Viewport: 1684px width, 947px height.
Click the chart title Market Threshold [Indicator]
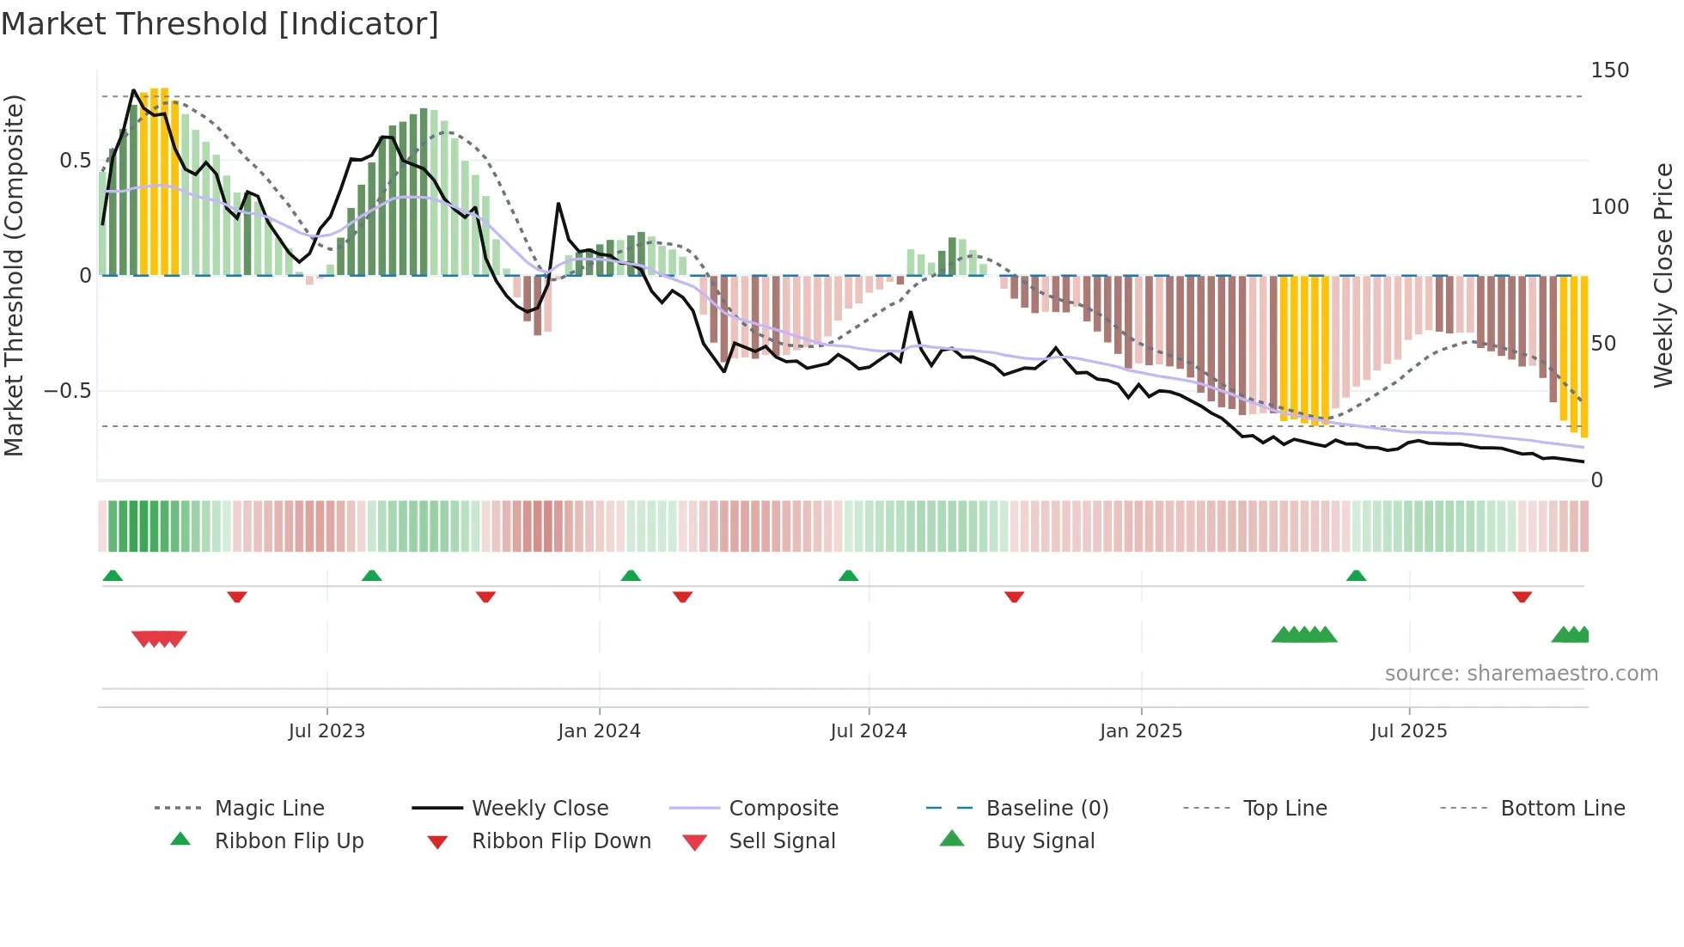click(x=220, y=24)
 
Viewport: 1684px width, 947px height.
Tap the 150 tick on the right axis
click(x=1609, y=70)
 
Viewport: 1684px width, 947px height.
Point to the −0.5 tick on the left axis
click(x=67, y=391)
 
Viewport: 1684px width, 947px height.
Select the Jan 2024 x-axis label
click(x=599, y=731)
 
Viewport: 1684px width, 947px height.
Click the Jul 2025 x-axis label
click(x=1408, y=731)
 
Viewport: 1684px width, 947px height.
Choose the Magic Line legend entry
click(x=269, y=809)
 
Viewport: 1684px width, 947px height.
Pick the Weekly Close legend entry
click(x=540, y=809)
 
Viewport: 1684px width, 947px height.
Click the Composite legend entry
click(x=783, y=809)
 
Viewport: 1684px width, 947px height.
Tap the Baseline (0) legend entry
click(x=1046, y=809)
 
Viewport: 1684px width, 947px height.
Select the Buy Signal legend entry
click(x=1040, y=841)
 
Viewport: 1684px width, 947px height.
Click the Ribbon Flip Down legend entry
click(x=560, y=841)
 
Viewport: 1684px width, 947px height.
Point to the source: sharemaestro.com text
click(x=1521, y=674)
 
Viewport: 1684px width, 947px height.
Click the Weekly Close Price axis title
click(x=1663, y=275)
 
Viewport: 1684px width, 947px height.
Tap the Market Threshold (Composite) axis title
click(x=14, y=275)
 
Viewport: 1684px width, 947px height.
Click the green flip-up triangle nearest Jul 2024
click(x=848, y=576)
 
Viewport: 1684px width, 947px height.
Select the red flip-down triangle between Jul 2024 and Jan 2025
click(x=1014, y=596)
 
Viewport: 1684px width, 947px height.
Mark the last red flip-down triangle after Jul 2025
click(x=1522, y=596)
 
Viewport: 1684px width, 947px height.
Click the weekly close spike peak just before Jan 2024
click(x=558, y=204)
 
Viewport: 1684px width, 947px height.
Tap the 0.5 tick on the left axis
click(x=75, y=161)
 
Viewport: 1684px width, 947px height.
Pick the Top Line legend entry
click(x=1284, y=809)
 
